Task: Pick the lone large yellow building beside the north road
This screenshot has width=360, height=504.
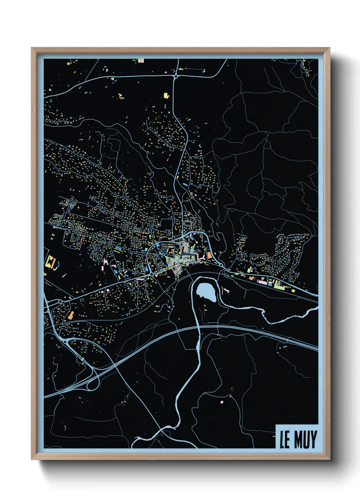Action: tap(166, 95)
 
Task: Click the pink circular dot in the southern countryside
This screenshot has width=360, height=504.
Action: tap(222, 402)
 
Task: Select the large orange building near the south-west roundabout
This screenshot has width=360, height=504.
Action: tap(71, 315)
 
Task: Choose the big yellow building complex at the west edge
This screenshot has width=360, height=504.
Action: tap(50, 262)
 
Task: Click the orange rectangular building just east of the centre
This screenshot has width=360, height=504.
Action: tap(209, 255)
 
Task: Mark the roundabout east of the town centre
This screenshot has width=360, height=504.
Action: tap(222, 265)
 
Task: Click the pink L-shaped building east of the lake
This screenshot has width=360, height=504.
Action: tap(225, 290)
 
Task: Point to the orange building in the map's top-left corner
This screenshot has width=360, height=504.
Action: tap(68, 63)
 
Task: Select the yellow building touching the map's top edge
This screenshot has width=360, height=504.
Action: tap(139, 61)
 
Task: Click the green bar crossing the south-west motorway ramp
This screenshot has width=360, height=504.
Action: tap(82, 359)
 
